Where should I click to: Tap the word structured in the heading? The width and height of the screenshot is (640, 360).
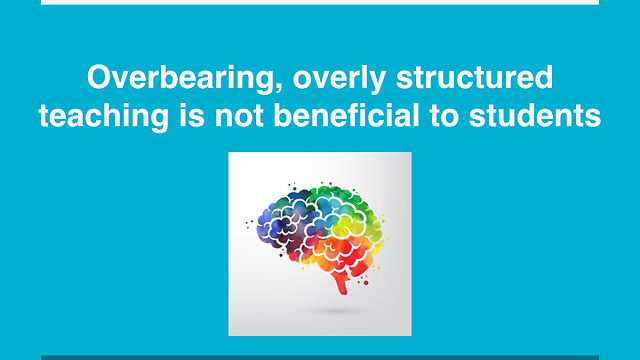(x=475, y=78)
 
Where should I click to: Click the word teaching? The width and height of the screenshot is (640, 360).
(x=104, y=117)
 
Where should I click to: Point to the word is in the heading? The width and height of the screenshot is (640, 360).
(x=192, y=116)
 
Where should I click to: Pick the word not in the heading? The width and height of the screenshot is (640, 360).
(x=239, y=116)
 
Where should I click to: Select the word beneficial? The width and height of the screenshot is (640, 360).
(x=347, y=116)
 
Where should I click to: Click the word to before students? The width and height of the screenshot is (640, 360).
(x=444, y=117)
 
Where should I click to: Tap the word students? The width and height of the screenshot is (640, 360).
(x=535, y=116)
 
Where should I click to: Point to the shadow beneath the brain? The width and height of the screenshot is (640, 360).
(x=337, y=311)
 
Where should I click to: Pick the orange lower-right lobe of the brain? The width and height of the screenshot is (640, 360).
(x=347, y=253)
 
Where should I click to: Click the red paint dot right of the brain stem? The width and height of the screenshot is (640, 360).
(x=366, y=283)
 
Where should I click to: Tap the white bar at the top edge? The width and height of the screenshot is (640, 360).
(x=320, y=2)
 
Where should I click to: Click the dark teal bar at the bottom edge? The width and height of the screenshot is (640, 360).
(x=320, y=358)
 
